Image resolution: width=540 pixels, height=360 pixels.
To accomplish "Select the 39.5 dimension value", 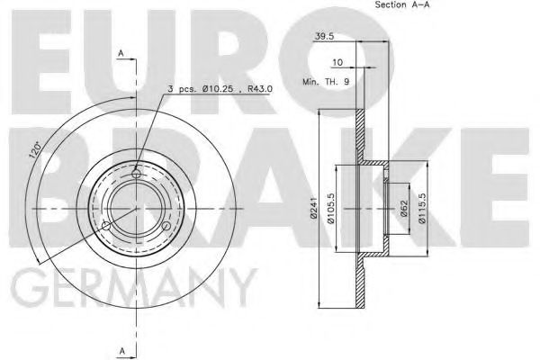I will tap(326, 37).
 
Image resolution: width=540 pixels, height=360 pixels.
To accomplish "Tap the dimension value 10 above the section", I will tap(337, 64).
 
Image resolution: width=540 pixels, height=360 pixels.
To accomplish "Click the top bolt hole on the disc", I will tap(137, 173).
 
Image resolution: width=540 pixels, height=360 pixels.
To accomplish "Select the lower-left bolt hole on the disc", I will tap(105, 226).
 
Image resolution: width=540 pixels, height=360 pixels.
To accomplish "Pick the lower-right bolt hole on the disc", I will tap(168, 226).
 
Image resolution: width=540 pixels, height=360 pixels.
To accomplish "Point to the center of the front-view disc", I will tap(137, 208).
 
